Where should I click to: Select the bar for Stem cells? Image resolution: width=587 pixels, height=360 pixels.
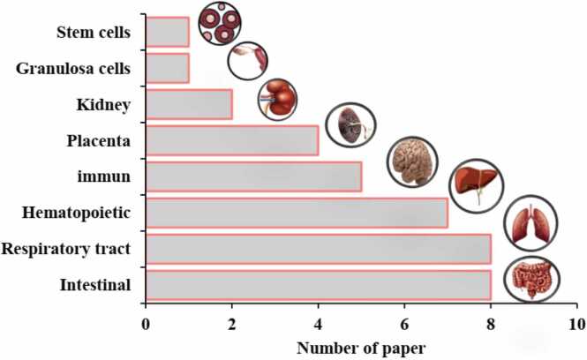pos(167,32)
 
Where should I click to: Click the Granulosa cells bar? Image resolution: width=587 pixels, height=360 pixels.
pos(167,68)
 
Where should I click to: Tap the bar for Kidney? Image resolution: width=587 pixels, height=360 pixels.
pos(188,104)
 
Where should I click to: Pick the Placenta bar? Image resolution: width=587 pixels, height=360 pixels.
pos(231,140)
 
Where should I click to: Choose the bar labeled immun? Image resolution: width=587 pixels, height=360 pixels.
pos(253,176)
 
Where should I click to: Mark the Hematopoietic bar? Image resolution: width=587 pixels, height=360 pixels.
pos(296,213)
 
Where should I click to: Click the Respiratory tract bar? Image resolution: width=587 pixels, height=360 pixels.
pos(318,249)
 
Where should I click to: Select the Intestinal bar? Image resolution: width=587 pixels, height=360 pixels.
pos(318,284)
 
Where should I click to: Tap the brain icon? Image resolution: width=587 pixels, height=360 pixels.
pos(411,161)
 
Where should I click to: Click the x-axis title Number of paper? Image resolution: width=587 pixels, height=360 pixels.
pos(361,346)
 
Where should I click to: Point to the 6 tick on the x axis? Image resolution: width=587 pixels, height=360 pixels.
pos(404,324)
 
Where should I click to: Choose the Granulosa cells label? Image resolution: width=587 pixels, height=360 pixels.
pos(73,69)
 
